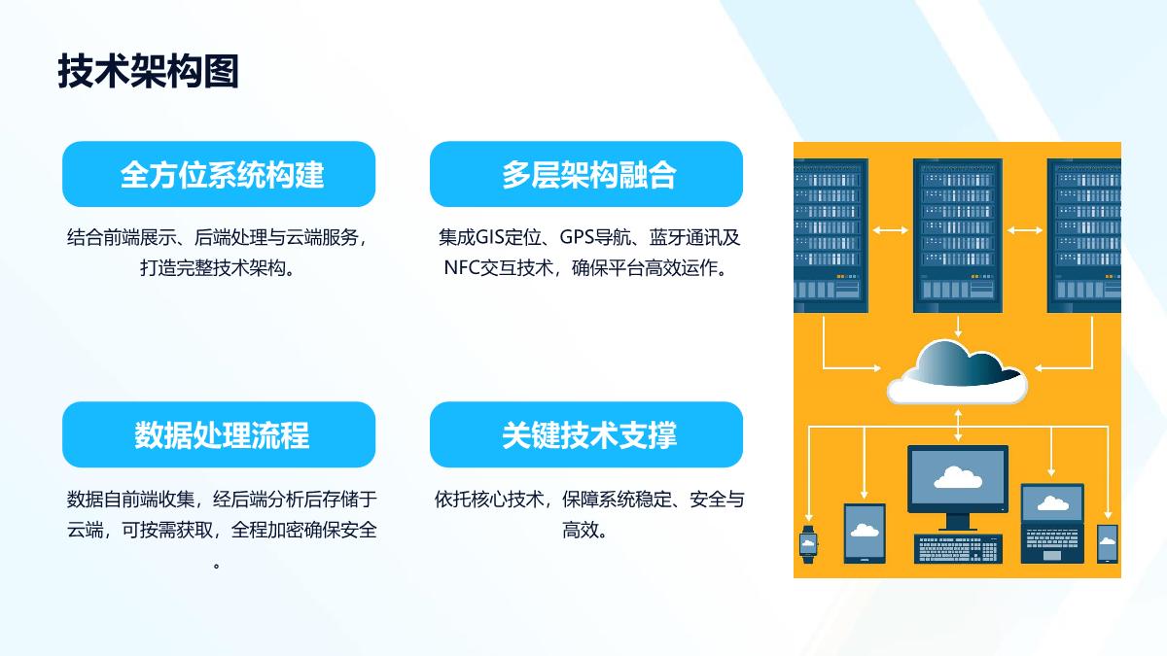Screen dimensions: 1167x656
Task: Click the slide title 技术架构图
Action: pos(149,71)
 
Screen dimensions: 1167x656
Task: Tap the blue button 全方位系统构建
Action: pos(219,174)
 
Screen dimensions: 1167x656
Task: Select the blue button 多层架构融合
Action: pos(586,174)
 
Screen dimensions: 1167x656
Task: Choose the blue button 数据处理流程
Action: pos(219,434)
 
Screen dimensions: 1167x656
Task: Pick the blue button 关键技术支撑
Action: pos(586,434)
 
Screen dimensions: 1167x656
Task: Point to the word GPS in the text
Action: pos(577,237)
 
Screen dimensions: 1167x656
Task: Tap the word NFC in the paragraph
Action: pos(462,267)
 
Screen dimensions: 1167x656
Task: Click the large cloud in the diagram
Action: pos(957,371)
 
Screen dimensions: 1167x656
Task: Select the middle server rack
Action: pos(958,235)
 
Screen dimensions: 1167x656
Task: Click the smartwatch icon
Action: pos(808,544)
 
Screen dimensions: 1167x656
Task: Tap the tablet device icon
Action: pos(865,533)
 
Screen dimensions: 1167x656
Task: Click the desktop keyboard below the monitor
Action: pos(958,549)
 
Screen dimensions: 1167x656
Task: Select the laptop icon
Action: pos(1052,523)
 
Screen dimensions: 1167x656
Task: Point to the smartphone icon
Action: pos(1108,543)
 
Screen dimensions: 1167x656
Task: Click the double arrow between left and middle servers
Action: pos(891,230)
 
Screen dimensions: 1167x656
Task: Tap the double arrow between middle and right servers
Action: pos(1025,230)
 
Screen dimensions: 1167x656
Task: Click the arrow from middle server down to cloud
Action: pos(958,327)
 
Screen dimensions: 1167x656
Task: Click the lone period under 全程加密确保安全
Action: pos(216,566)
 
